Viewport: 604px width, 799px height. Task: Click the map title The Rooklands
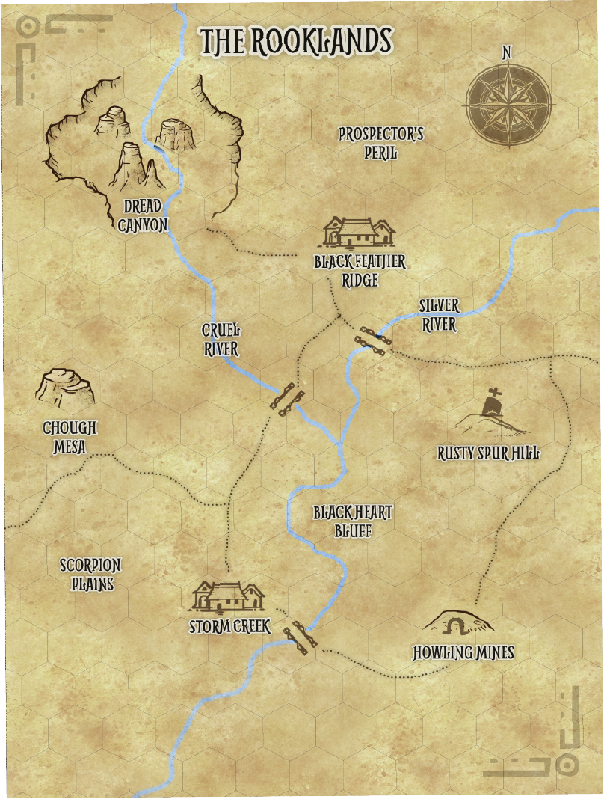click(x=296, y=42)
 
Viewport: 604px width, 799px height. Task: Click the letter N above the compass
click(x=507, y=52)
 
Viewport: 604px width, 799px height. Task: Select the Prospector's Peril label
click(x=380, y=143)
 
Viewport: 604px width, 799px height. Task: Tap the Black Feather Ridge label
click(x=360, y=271)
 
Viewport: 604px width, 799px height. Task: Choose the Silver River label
click(x=439, y=315)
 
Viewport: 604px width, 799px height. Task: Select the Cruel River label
click(x=221, y=340)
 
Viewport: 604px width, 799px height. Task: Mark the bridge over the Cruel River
click(x=287, y=399)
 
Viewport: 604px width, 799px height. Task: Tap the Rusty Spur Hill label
click(x=488, y=453)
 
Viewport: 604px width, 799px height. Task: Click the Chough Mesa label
click(x=70, y=438)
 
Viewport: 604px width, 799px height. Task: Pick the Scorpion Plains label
click(x=90, y=574)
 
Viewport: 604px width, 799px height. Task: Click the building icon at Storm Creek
click(x=228, y=596)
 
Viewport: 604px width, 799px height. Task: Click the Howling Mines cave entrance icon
click(x=457, y=623)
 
